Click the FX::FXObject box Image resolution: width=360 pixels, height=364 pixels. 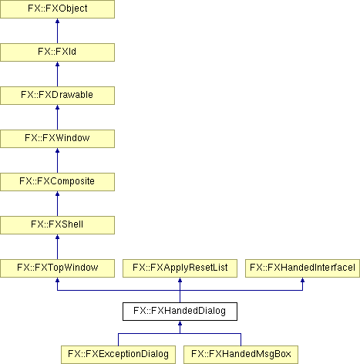coord(57,9)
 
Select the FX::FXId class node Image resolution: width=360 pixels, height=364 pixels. coord(57,52)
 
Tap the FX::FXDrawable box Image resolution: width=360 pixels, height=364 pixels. coord(57,96)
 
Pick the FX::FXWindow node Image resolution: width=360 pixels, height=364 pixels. coord(57,139)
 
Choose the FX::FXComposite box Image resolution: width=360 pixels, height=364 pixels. coord(57,182)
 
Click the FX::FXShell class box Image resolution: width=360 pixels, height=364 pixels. coord(57,225)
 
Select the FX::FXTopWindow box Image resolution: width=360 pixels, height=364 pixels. coord(57,268)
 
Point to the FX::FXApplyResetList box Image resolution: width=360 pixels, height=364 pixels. coord(180,268)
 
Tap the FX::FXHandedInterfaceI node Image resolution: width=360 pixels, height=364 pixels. coord(302,268)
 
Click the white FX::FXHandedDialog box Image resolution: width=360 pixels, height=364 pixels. coord(180,312)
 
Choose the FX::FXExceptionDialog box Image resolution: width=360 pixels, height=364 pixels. coord(118,355)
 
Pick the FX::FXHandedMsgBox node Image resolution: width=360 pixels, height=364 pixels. coord(241,355)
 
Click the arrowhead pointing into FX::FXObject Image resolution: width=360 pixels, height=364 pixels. coord(57,21)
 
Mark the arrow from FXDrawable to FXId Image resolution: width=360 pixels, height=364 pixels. coord(57,74)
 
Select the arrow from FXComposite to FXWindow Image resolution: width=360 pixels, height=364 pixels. coord(57,160)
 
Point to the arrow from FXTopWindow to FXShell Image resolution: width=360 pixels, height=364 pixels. coord(57,247)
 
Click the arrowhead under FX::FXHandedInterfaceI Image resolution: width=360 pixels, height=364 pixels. coord(302,280)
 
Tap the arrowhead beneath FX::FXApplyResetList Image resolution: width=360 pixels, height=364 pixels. coord(180,280)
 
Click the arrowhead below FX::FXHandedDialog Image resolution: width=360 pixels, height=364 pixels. coord(180,323)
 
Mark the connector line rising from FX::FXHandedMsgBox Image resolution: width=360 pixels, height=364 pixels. coord(241,339)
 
